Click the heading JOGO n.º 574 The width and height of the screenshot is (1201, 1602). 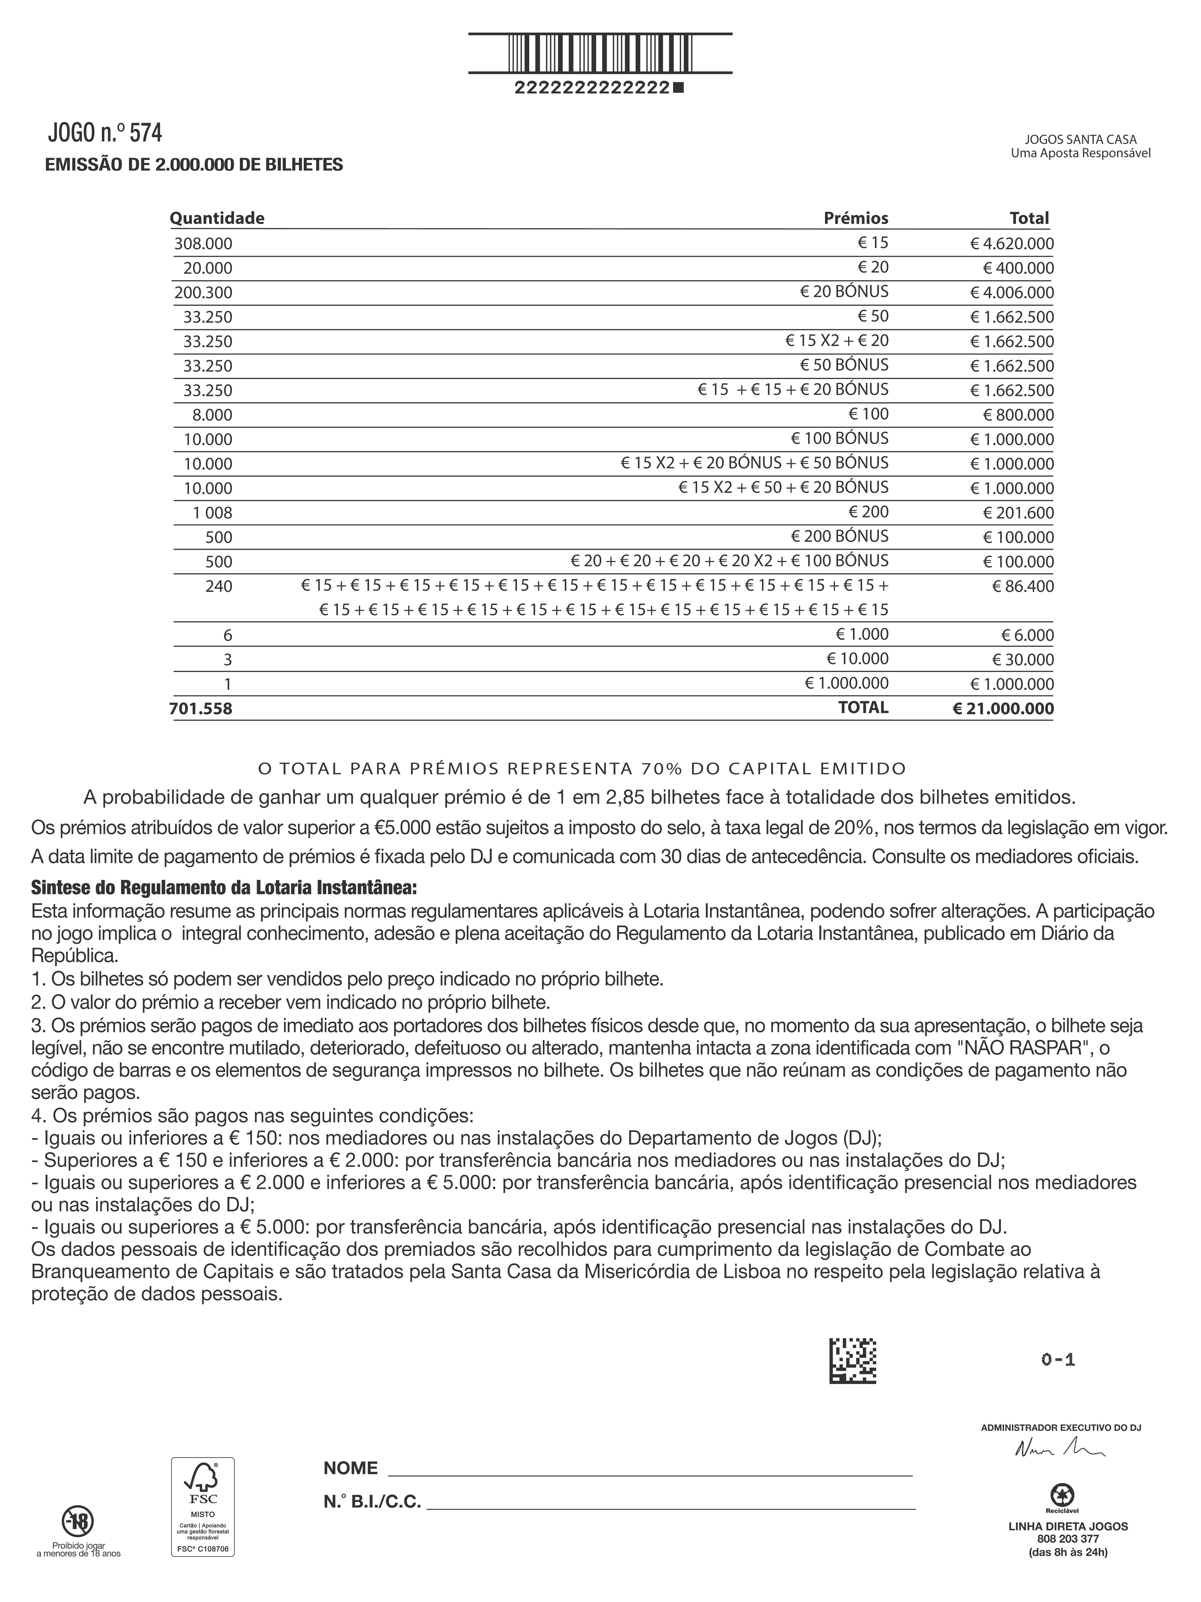coord(105,132)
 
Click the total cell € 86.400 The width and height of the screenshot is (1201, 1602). coord(1022,586)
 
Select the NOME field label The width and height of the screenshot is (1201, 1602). coord(350,1468)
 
